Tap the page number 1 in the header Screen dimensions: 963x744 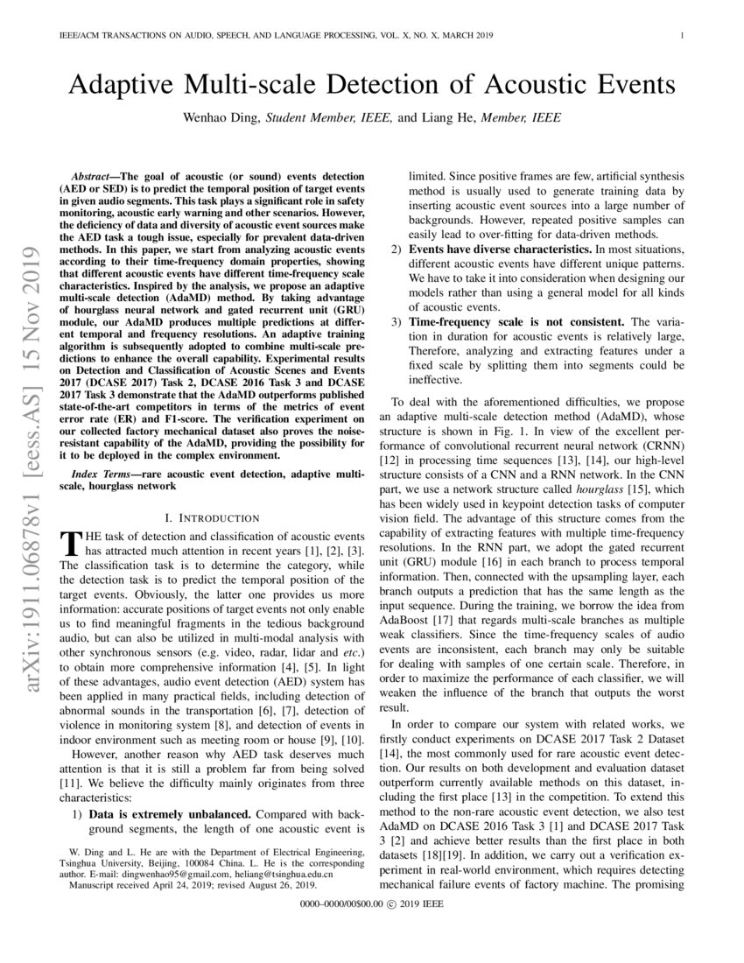click(x=681, y=36)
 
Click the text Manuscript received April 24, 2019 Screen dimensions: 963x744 click(x=136, y=883)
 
